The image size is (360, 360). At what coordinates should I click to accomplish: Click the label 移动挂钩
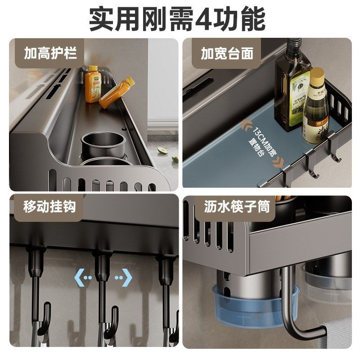(49, 207)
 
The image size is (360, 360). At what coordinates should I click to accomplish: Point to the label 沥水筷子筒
(237, 207)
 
